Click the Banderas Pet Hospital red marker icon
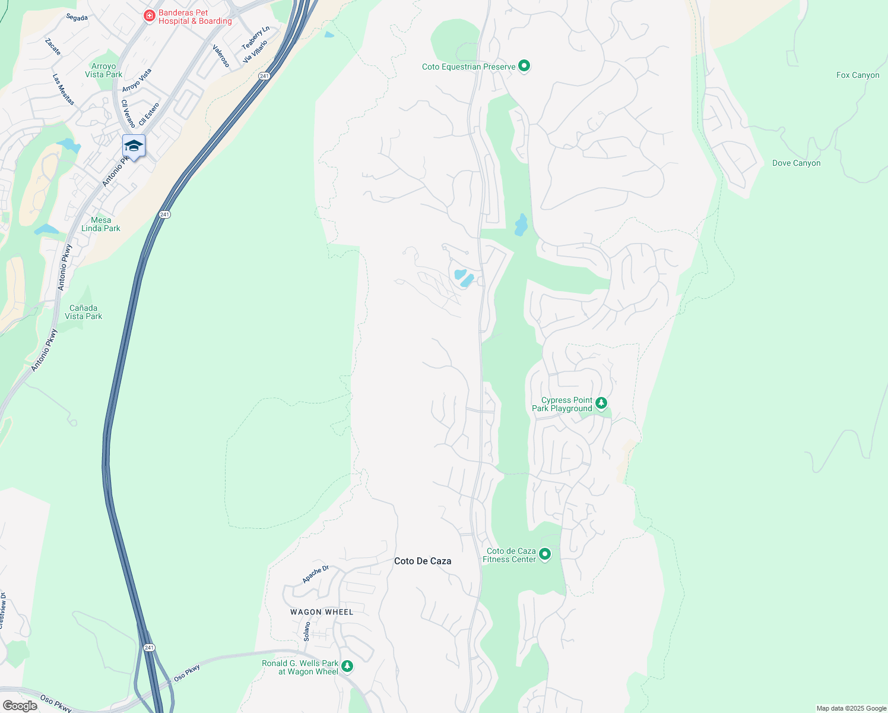point(150,15)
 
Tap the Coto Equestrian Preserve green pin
point(524,66)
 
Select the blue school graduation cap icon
point(134,146)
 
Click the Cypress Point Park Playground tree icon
point(601,403)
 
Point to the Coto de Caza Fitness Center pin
point(545,554)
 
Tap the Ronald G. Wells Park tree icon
point(347,667)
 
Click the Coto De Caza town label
point(423,561)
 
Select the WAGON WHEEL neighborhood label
point(322,612)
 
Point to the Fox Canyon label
point(858,75)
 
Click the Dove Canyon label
point(796,163)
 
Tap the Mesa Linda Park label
point(101,224)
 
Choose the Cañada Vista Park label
point(84,312)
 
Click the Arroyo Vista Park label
point(104,70)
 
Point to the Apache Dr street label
point(315,575)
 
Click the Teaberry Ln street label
point(256,37)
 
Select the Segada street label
point(77,18)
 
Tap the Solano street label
point(307,631)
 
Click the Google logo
point(20,706)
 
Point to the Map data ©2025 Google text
point(851,708)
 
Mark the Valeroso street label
point(221,56)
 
